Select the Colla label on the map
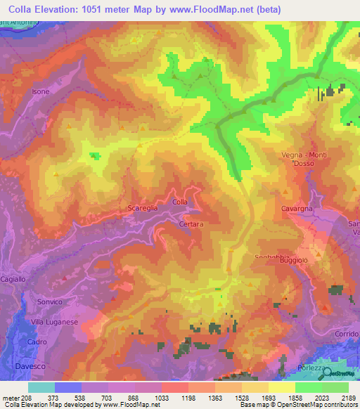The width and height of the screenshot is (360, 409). pos(180,202)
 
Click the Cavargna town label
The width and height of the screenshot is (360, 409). pos(297,208)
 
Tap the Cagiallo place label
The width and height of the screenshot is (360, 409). pos(13,279)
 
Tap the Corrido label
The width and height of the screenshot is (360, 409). pos(347,333)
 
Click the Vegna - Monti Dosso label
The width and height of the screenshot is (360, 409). pos(303,159)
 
